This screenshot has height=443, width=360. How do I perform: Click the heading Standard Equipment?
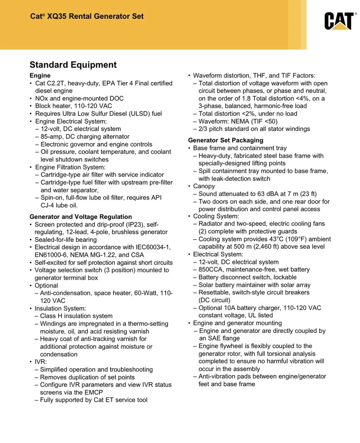click(73, 65)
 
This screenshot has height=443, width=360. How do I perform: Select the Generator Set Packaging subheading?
click(226, 140)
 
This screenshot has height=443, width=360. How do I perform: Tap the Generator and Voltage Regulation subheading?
click(81, 217)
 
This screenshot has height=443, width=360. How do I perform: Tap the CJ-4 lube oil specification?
click(48, 206)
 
